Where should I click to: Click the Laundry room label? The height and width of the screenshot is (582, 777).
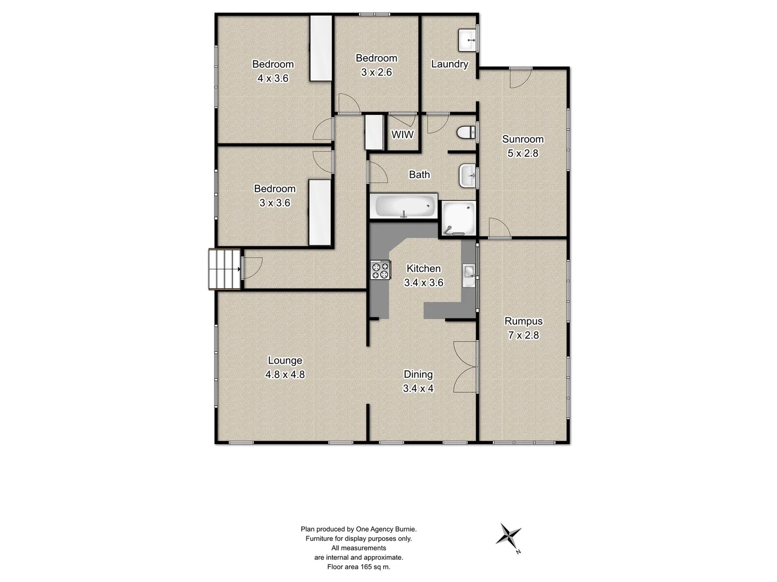coord(449,64)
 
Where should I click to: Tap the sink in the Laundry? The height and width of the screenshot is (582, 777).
coord(467,39)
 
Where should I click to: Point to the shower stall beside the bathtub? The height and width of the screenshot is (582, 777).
coord(459,218)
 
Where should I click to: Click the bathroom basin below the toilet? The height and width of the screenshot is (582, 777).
coord(468,176)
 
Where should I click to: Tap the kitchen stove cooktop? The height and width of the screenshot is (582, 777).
coord(380,269)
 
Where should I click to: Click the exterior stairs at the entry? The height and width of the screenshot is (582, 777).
coord(224,269)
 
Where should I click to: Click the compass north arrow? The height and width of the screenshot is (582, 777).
coord(509,536)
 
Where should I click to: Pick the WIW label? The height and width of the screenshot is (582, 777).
coord(403,135)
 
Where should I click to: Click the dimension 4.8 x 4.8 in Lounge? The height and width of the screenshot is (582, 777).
coord(285,375)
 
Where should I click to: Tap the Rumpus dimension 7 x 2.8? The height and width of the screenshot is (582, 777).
coord(523,335)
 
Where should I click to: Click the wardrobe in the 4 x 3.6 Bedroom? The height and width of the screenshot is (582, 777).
coord(321,48)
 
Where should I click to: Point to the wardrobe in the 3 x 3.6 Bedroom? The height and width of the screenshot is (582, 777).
coord(319,213)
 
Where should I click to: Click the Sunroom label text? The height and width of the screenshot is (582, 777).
coord(523,139)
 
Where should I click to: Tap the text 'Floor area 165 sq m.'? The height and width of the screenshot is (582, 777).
coord(358,567)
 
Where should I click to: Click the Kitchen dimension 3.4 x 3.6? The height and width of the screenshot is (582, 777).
coord(424,282)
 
